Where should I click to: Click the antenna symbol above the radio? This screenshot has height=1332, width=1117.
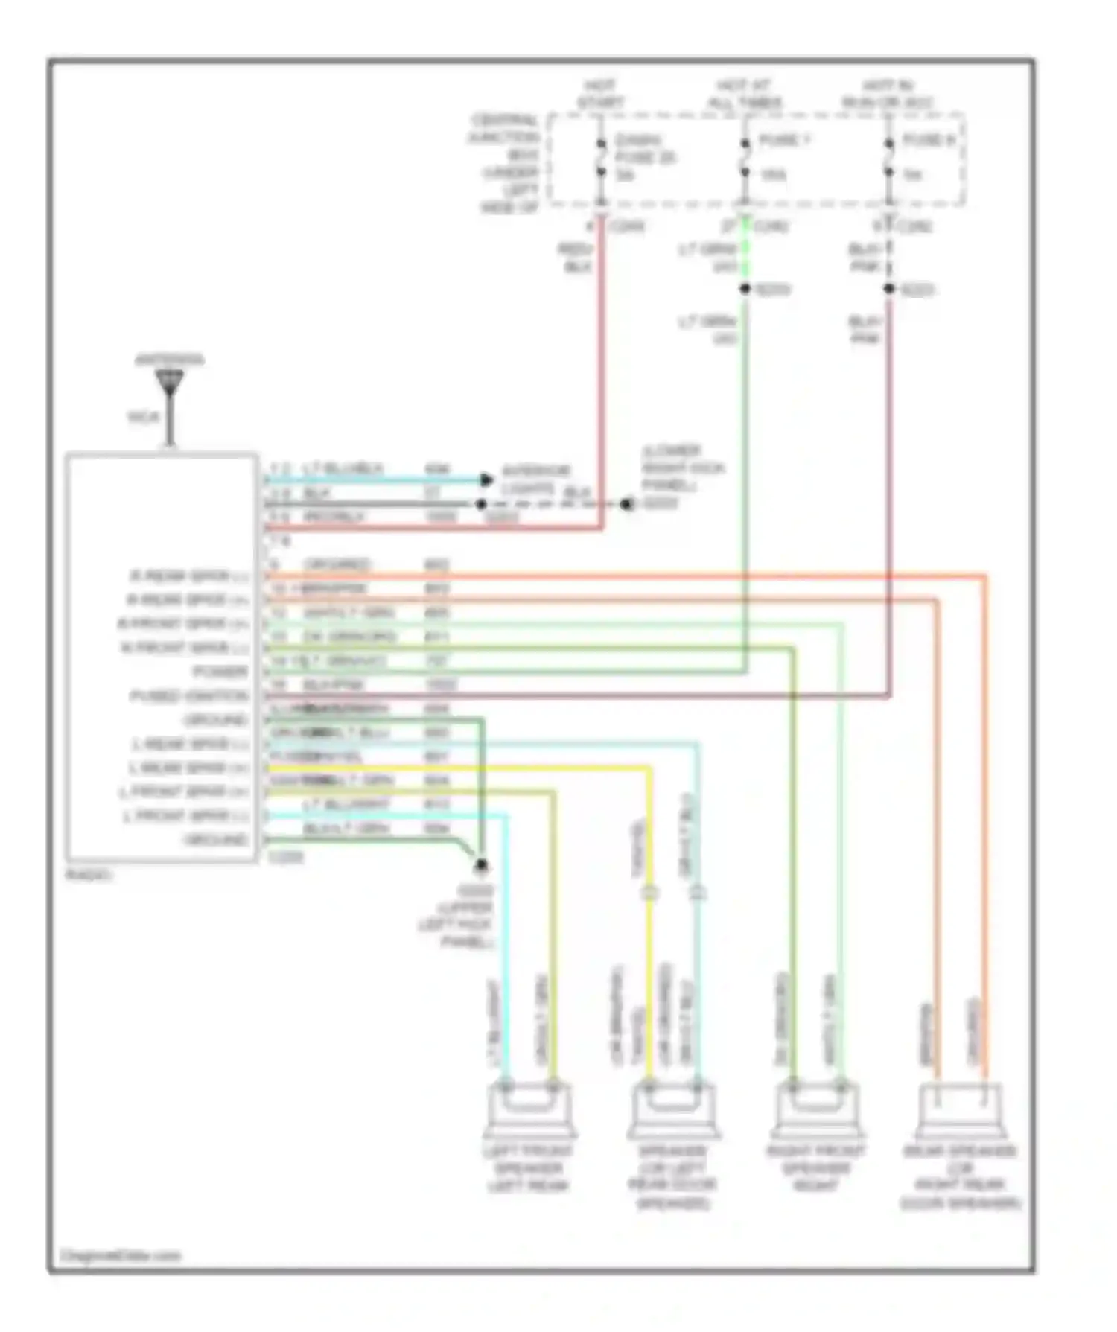tap(170, 384)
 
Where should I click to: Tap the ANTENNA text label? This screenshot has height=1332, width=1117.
tap(169, 360)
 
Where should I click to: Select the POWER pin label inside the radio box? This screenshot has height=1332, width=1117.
tap(220, 672)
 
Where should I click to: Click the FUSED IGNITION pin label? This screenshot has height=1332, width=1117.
tap(189, 696)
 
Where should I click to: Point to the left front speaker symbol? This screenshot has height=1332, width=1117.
tap(529, 1109)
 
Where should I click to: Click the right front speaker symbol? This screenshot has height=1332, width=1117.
tap(817, 1109)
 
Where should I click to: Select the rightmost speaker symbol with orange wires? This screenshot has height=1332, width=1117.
tap(961, 1109)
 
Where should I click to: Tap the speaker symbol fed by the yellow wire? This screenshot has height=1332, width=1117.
tap(673, 1109)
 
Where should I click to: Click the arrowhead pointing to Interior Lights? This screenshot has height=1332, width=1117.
tap(486, 479)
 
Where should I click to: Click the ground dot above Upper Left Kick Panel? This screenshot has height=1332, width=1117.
tap(481, 865)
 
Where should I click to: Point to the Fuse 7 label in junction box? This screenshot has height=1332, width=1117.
tap(783, 140)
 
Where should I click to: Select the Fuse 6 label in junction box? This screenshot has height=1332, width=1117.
tap(928, 140)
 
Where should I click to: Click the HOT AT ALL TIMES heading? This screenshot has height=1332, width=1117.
tap(744, 94)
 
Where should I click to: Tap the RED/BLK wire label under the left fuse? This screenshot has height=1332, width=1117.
tap(576, 258)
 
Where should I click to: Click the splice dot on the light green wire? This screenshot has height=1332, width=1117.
tap(745, 289)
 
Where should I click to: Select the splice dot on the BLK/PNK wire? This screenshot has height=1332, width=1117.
tap(888, 289)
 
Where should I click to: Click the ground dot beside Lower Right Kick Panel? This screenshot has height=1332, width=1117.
tap(627, 504)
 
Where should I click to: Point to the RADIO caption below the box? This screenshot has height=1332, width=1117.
tap(89, 875)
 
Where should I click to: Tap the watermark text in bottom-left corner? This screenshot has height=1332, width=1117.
tap(120, 1256)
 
